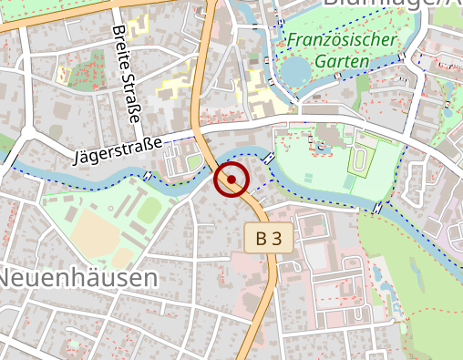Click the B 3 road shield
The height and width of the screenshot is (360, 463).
[x=269, y=239]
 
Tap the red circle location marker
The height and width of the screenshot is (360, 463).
[x=231, y=180]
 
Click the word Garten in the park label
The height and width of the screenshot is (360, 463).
[x=345, y=62]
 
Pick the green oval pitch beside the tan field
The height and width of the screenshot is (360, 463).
[x=148, y=211]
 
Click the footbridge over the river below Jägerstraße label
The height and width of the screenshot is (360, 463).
[x=149, y=174]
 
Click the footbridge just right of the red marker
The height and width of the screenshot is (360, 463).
[x=270, y=159]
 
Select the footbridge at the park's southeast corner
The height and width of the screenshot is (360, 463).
[x=377, y=210]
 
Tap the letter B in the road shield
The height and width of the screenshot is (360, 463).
[x=262, y=239]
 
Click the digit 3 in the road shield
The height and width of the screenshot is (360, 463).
[x=277, y=239]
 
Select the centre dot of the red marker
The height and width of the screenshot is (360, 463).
[x=231, y=180]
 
